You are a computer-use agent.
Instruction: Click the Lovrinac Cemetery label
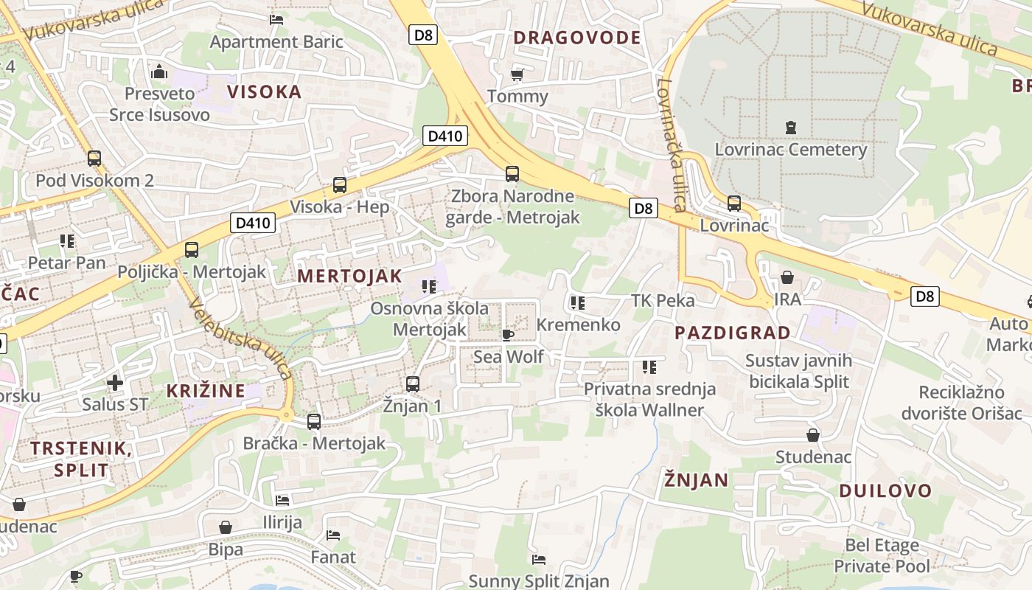[x=790, y=150]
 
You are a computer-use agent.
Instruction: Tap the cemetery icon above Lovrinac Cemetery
[x=791, y=128]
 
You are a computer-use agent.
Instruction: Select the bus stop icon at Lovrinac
[x=733, y=203]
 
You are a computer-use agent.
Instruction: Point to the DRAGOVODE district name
[x=577, y=38]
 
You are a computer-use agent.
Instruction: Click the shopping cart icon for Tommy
[x=517, y=74]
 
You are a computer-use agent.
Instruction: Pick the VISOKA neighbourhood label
[x=265, y=92]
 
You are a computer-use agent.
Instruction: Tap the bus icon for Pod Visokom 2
[x=94, y=158]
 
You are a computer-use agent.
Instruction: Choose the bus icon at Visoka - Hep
[x=339, y=184]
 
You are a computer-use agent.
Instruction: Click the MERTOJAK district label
[x=349, y=277]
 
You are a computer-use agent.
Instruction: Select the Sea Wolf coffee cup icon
[x=507, y=335]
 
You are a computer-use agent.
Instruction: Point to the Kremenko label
[x=578, y=324]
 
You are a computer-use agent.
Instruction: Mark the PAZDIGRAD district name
[x=733, y=333]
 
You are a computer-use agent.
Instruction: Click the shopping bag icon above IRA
[x=787, y=277]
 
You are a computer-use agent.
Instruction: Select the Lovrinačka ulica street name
[x=672, y=145]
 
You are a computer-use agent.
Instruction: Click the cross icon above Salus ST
[x=114, y=383]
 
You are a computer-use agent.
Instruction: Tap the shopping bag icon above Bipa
[x=226, y=527]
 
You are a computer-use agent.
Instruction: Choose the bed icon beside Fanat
[x=333, y=535]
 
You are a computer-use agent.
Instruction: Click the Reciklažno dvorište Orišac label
[x=961, y=403]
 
